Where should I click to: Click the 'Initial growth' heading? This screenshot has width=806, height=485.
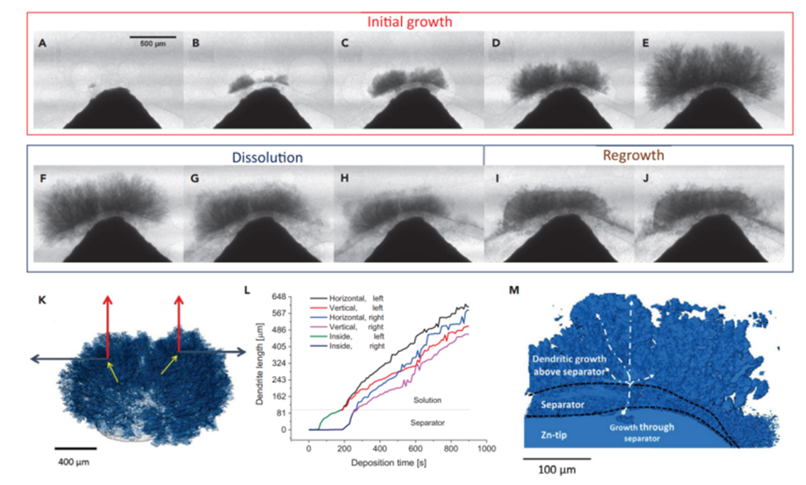point(410,22)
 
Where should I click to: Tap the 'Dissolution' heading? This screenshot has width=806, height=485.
point(268,156)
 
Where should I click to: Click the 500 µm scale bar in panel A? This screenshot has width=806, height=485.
point(153,36)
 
